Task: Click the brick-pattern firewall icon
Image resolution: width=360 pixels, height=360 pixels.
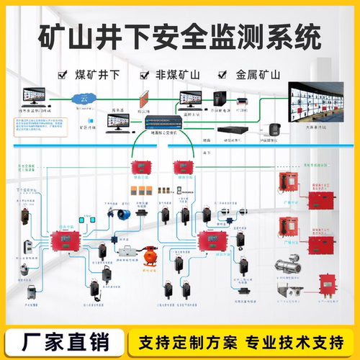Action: (144, 96)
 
